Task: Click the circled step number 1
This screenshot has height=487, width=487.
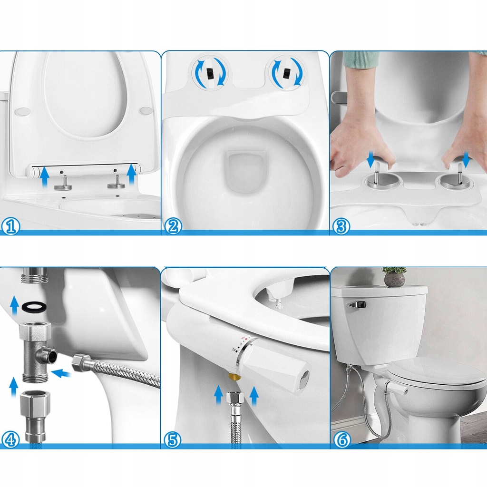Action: tap(10, 226)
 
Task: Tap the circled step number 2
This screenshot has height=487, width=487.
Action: tap(173, 226)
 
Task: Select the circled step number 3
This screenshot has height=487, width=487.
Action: tap(341, 226)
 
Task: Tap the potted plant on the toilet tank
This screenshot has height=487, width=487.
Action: tap(394, 276)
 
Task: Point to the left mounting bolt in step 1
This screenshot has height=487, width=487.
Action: tap(64, 183)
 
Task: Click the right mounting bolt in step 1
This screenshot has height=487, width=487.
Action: tap(117, 182)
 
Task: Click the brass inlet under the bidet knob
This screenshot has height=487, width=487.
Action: tap(235, 377)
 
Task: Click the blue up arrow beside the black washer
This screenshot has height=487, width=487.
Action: tap(14, 306)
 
